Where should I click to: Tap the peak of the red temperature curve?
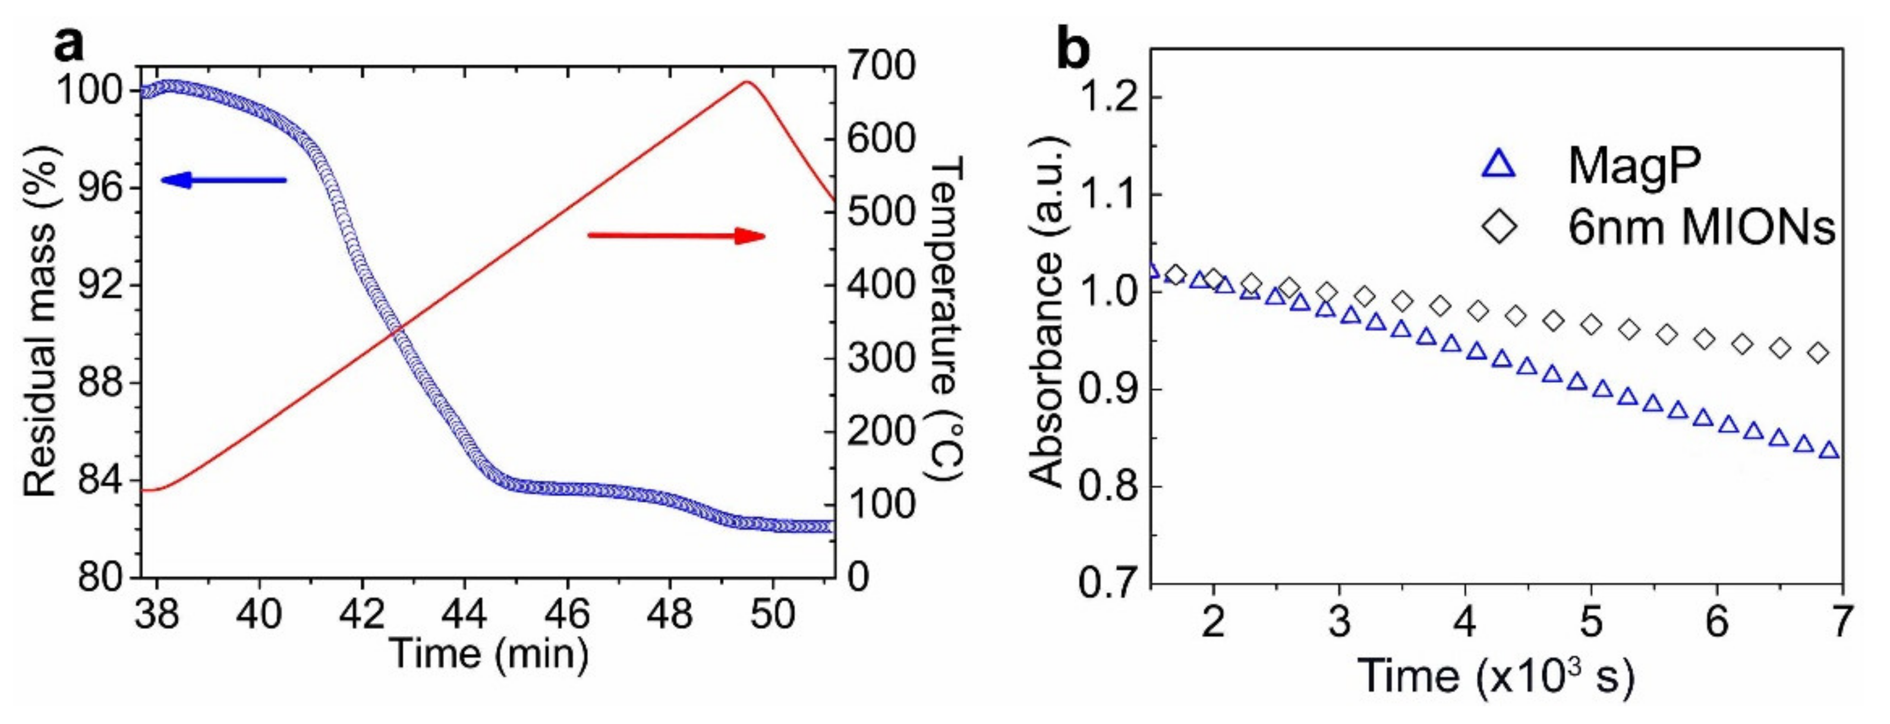[x=747, y=82]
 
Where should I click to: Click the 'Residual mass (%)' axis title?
[x=40, y=320]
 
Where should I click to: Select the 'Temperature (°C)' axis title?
[x=946, y=320]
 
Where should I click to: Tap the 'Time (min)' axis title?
[x=489, y=653]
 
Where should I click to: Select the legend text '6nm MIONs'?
[x=1701, y=228]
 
